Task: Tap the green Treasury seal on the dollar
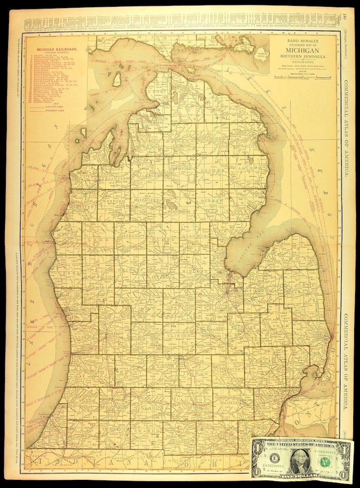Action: tap(325, 461)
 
